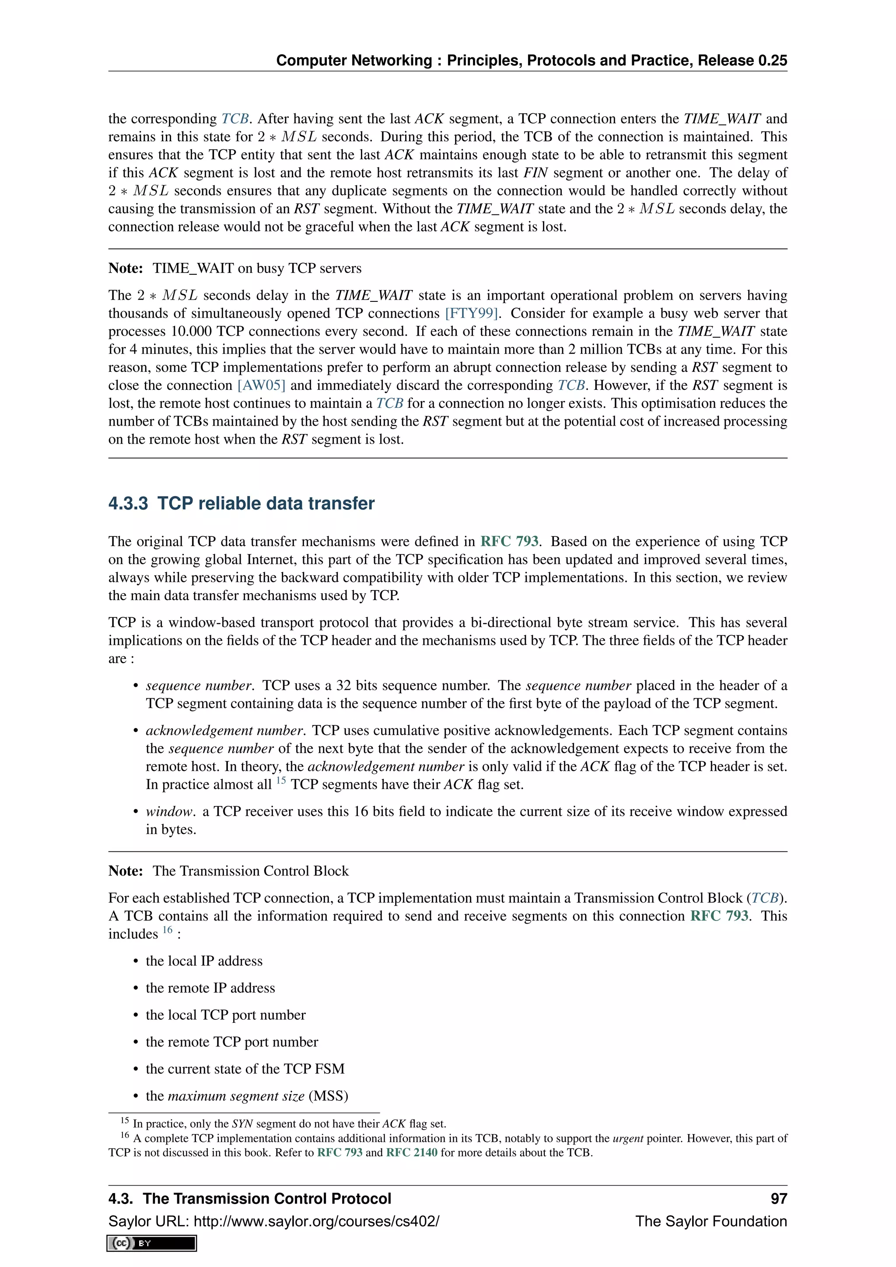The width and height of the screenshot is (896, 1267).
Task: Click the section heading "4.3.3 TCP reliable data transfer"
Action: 241,503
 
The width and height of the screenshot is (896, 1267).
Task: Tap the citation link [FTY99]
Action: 472,313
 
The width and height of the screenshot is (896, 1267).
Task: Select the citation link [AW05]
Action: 261,385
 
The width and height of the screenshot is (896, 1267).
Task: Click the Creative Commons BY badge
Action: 152,1243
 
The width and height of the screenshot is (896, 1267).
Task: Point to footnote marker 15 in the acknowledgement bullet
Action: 281,781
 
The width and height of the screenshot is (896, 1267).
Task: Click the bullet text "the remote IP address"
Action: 210,988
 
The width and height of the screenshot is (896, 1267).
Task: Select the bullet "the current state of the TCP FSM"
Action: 245,1069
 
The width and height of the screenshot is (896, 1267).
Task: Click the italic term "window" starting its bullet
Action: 169,812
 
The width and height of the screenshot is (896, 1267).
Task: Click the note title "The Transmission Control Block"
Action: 251,871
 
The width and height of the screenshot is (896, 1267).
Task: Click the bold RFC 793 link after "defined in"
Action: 509,541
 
